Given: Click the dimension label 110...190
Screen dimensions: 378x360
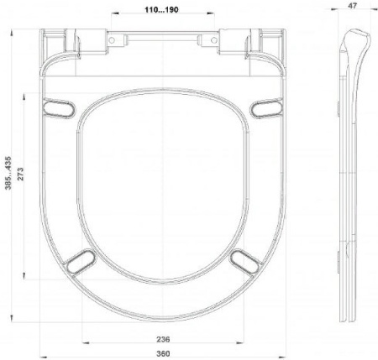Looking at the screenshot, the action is pyautogui.click(x=161, y=10).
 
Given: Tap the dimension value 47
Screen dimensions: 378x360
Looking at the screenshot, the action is pyautogui.click(x=353, y=6).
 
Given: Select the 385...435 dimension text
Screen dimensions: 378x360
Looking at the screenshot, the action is pyautogui.click(x=8, y=173).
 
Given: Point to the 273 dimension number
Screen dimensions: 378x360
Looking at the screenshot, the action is pyautogui.click(x=20, y=175).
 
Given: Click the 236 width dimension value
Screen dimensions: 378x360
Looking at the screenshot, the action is pyautogui.click(x=163, y=339).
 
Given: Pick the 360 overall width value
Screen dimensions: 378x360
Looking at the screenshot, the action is pyautogui.click(x=163, y=353).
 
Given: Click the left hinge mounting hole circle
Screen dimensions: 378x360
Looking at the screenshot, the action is pyautogui.click(x=112, y=40).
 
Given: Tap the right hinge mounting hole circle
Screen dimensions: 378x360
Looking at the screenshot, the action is pyautogui.click(x=213, y=40).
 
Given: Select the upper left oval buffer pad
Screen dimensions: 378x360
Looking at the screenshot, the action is pyautogui.click(x=59, y=108).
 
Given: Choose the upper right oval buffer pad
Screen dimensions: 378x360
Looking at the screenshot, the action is pyautogui.click(x=266, y=108).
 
